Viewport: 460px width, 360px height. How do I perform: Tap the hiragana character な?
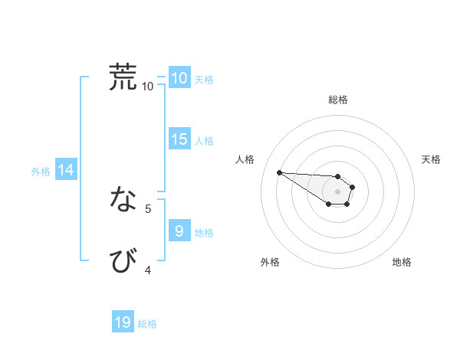[123, 200]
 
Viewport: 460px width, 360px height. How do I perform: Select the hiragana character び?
[123, 261]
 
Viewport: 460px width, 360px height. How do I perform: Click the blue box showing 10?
[179, 78]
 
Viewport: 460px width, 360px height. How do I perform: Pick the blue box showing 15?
[179, 139]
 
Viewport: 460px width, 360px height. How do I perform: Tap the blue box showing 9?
[179, 231]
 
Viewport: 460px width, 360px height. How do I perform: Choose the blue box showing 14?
[66, 170]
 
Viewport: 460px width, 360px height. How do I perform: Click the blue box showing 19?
[123, 322]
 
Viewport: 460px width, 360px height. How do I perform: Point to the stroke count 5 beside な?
[148, 208]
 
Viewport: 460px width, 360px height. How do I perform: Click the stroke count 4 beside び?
[148, 270]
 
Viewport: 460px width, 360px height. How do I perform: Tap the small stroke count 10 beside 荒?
[148, 86]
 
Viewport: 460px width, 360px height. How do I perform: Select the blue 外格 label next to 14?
[41, 172]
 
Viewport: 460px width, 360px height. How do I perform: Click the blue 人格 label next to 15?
[204, 141]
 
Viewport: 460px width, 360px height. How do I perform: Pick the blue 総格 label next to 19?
[147, 324]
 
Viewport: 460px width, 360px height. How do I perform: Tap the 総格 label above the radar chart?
[338, 100]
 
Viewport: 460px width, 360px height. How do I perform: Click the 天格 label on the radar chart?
[432, 159]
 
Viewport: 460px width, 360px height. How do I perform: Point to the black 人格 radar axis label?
[245, 159]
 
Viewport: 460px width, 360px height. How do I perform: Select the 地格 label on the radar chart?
[402, 262]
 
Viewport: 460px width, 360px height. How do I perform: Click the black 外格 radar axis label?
[270, 262]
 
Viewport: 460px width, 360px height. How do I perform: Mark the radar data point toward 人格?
[279, 172]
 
